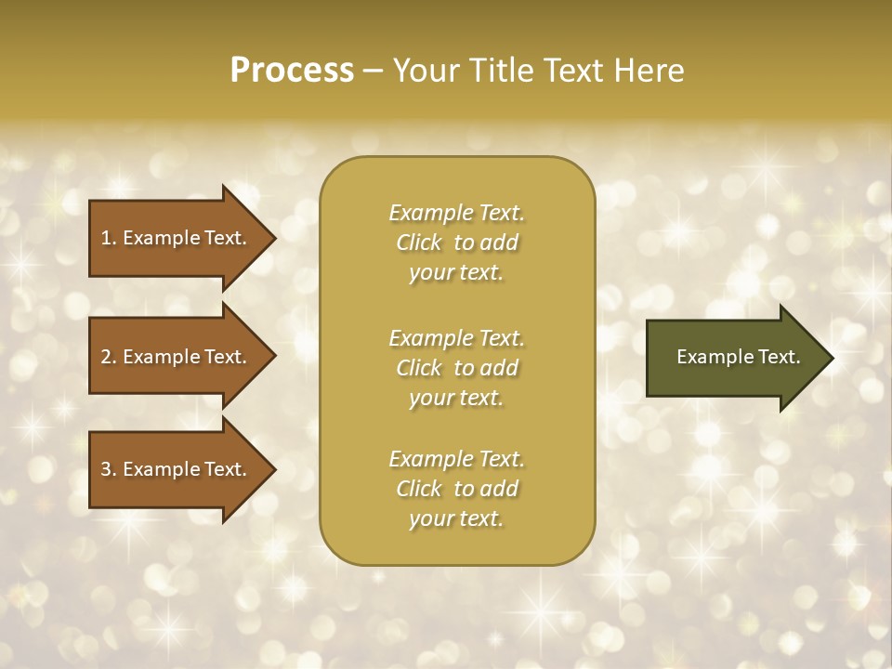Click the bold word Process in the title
pos(292,71)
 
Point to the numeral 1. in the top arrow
pos(109,238)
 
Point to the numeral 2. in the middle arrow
pos(109,357)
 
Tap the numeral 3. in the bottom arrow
pos(109,469)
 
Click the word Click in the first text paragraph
pos(419,243)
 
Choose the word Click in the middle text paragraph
pos(419,368)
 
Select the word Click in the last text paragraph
pos(419,489)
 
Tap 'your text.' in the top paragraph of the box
pos(456,272)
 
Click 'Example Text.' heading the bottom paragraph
pos(456,459)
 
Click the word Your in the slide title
pos(423,71)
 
